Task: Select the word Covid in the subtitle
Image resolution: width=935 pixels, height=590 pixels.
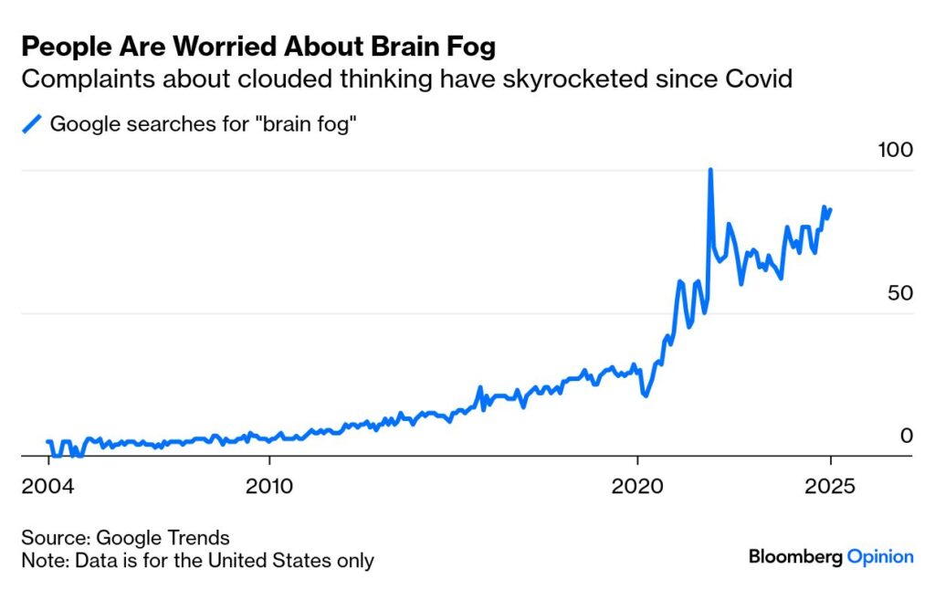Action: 760,79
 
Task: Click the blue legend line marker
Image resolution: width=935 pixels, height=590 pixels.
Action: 33,123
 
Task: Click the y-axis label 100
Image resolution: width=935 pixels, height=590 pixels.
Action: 894,150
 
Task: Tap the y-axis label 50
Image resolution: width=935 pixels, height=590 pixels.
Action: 899,293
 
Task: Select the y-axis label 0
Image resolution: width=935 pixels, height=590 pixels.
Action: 906,437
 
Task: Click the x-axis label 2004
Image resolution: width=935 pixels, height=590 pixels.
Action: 47,485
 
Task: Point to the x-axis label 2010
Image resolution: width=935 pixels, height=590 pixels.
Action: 269,485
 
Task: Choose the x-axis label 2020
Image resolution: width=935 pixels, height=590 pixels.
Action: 638,485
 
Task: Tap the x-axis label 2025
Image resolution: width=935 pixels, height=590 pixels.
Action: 830,485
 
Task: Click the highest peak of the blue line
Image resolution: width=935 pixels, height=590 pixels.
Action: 709,170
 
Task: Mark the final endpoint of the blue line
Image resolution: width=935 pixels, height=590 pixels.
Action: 830,208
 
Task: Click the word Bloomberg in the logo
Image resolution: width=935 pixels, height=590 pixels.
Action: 794,555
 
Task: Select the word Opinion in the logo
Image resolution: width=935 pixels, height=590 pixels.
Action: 880,555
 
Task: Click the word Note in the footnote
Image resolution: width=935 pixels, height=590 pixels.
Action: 42,560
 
